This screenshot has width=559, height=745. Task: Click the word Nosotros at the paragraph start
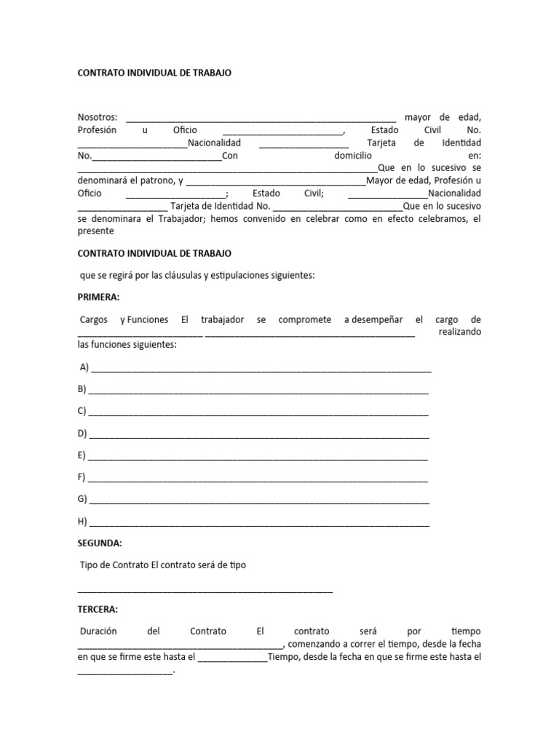coord(97,118)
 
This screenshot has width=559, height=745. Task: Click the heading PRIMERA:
coord(99,298)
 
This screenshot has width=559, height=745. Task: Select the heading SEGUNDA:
coord(100,543)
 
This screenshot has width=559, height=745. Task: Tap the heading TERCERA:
coord(98,609)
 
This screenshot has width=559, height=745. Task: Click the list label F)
coord(82,477)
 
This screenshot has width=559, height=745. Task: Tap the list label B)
coord(82,390)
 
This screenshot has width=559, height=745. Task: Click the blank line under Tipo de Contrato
coord(205,591)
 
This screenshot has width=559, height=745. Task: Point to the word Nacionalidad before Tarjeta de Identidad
coord(214,143)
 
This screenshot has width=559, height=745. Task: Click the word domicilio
coord(353,156)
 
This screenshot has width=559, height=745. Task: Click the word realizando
coord(460,332)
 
